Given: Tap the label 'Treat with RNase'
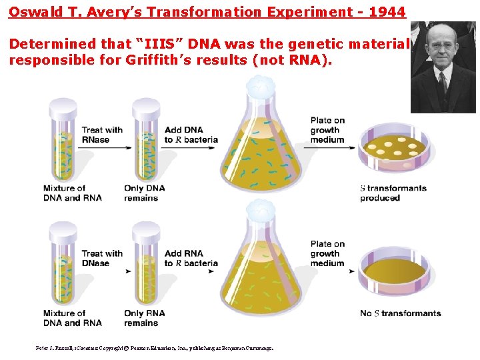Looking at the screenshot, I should [102, 135].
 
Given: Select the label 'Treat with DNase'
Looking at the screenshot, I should [102, 258].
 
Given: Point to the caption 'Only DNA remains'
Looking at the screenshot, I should [144, 193].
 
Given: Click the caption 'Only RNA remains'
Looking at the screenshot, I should [144, 318].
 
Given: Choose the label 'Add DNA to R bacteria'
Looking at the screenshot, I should [191, 135].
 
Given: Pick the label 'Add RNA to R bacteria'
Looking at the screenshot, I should [191, 258].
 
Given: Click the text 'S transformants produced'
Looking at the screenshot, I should [393, 193].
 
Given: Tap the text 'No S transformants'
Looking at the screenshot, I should [400, 313].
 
